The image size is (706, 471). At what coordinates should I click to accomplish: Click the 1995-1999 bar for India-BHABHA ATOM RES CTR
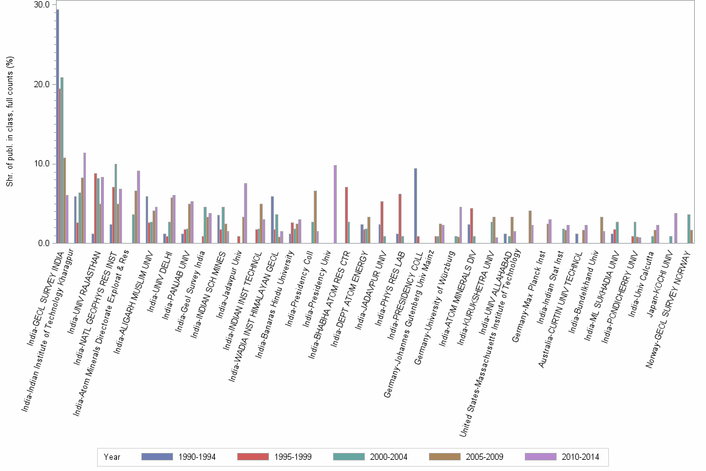coord(346,215)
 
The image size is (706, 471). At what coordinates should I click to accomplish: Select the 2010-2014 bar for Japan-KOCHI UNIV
coord(675,228)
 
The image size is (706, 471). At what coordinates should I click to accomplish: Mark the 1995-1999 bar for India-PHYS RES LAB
coord(400,219)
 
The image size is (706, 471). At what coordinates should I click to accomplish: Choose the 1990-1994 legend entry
coord(178,457)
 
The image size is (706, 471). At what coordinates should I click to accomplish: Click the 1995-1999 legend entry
coord(274,457)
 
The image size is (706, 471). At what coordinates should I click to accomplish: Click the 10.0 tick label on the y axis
coord(42,164)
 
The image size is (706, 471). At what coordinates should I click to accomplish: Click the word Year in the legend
coord(112,457)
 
